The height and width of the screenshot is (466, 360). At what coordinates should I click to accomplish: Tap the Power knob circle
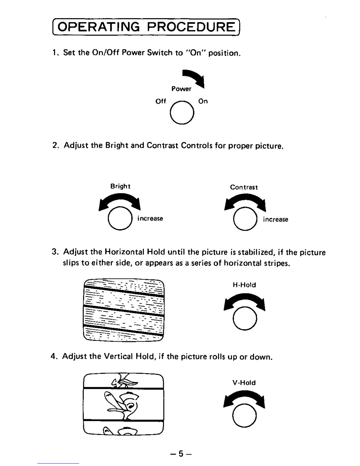(182, 112)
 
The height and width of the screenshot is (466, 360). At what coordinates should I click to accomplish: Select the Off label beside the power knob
(161, 101)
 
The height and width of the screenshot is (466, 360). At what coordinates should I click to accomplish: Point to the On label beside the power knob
(203, 101)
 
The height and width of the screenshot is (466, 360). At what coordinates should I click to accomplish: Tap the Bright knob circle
(120, 219)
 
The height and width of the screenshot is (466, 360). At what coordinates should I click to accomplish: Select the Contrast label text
(244, 187)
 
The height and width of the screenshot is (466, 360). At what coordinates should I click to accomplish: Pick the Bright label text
(120, 186)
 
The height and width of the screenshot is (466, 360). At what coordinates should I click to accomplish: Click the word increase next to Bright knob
(150, 219)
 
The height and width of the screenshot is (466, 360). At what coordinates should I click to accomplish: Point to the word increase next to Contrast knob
(276, 219)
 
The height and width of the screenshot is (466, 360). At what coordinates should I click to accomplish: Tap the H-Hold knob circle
(245, 319)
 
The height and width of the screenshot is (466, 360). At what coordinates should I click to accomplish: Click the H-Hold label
(244, 285)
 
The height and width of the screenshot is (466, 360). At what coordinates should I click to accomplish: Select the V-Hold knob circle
(244, 415)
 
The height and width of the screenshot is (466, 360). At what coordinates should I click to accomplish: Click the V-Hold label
(244, 383)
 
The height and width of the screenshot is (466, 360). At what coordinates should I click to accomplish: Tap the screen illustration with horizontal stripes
(124, 309)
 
